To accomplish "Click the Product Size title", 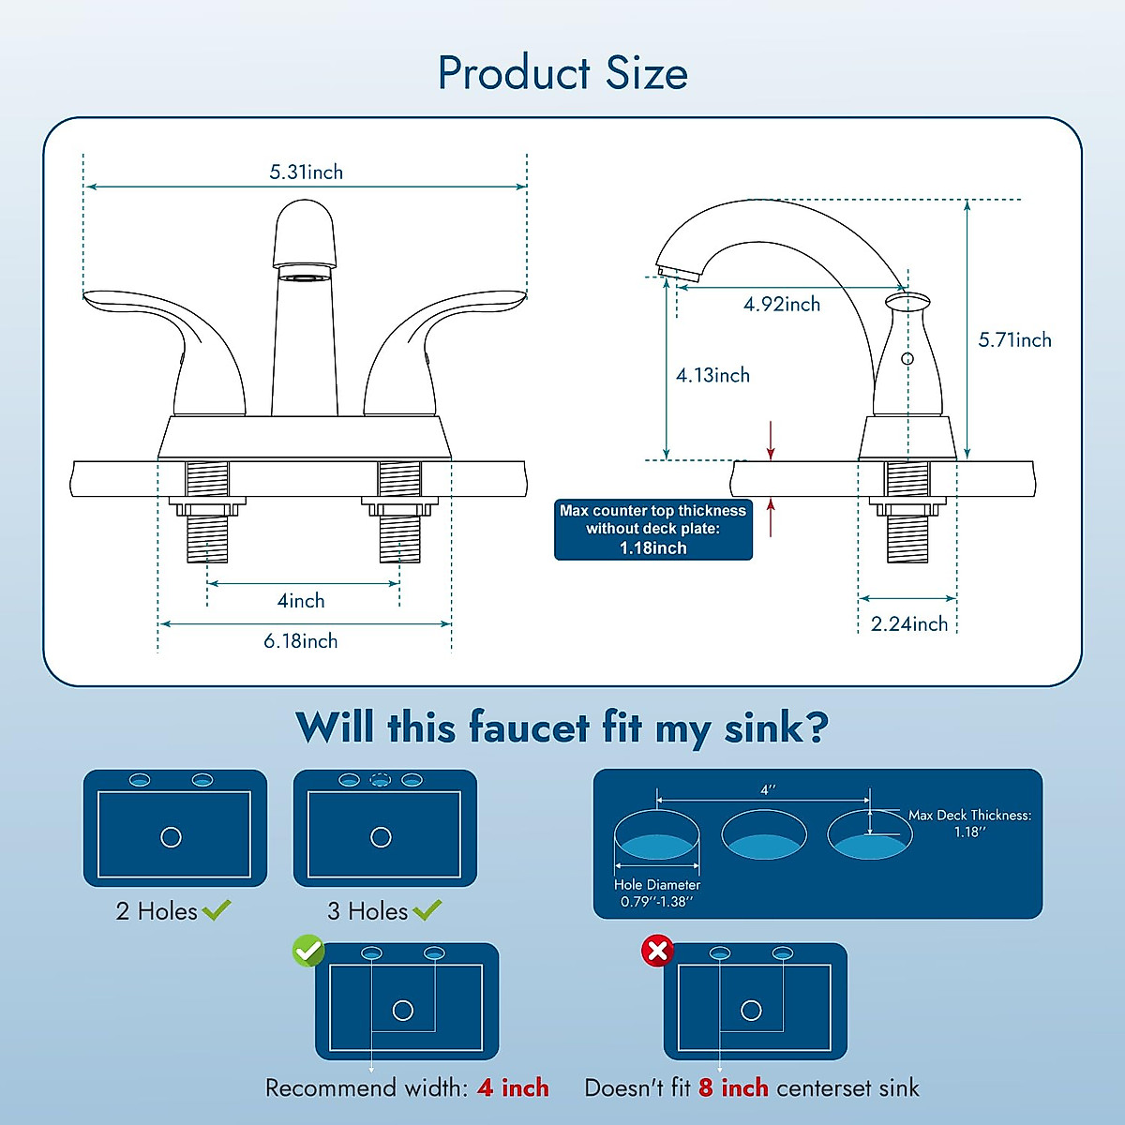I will (562, 73).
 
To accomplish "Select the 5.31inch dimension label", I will (306, 172).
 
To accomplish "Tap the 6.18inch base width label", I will (300, 641).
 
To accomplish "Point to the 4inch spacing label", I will (301, 601).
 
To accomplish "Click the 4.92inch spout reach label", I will (782, 305).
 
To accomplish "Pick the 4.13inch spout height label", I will (712, 376).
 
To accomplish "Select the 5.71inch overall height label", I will (1014, 340).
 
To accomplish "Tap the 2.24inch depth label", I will (908, 624).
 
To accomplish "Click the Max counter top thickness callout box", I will (653, 530).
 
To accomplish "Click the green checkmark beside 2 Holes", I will (217, 909).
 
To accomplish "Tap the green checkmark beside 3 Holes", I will (427, 909).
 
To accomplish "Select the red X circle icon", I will (657, 951).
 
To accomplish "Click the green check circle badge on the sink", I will (308, 951).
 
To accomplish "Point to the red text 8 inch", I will (733, 1088).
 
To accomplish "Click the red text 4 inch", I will (513, 1088).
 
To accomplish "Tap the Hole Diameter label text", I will (656, 885).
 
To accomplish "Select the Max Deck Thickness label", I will (969, 816).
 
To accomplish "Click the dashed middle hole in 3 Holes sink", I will (380, 780).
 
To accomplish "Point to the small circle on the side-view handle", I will (907, 359).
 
